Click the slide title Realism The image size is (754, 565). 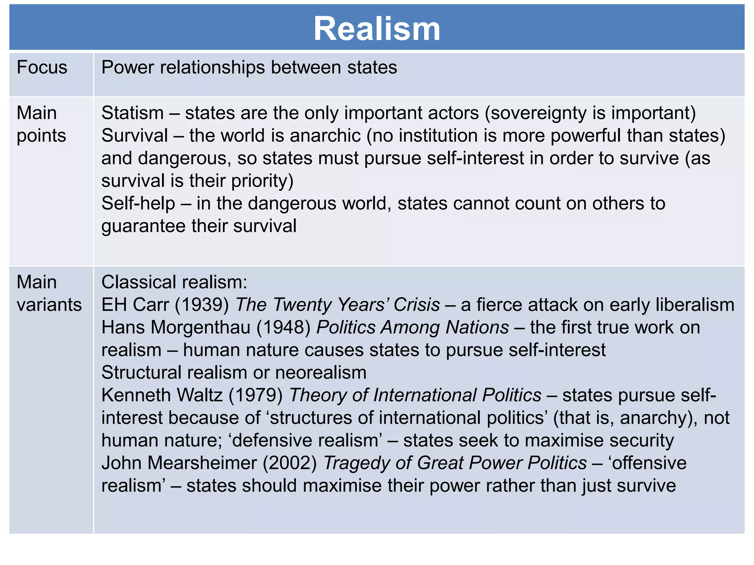pyautogui.click(x=377, y=29)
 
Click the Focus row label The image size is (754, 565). pyautogui.click(x=42, y=68)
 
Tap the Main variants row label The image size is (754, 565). pyautogui.click(x=49, y=294)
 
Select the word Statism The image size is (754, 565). pyautogui.click(x=133, y=113)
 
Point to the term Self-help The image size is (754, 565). pyautogui.click(x=138, y=203)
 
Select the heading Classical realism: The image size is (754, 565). pyautogui.click(x=174, y=282)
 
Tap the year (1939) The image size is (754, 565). pyautogui.click(x=202, y=305)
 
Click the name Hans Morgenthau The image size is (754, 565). pyautogui.click(x=176, y=327)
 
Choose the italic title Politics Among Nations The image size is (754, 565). pyautogui.click(x=412, y=327)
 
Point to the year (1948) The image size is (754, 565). pyautogui.click(x=283, y=327)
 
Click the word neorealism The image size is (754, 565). pyautogui.click(x=321, y=373)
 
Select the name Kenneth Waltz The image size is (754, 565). pyautogui.click(x=162, y=395)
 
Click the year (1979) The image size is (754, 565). pyautogui.click(x=256, y=395)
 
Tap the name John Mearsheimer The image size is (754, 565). pyautogui.click(x=179, y=463)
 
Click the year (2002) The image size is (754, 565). pyautogui.click(x=290, y=463)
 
